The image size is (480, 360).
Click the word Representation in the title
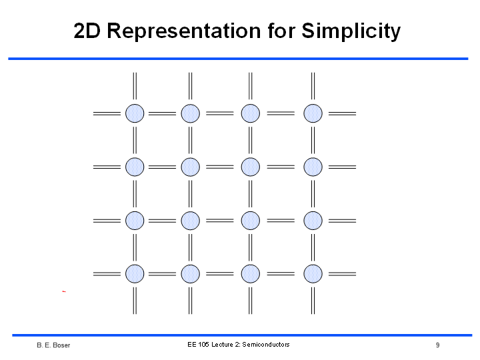pos(184,31)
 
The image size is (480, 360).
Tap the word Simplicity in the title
pos(351,31)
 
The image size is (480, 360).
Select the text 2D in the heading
pos(87,31)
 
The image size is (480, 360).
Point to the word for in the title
pos(281,31)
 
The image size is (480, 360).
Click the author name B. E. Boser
pos(53,345)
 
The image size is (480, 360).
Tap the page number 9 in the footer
pos(438,345)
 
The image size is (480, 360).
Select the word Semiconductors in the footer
pos(266,345)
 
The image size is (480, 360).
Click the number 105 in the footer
pos(203,345)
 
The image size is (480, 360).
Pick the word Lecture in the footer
pos(222,345)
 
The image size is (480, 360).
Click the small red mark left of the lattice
pos(64,291)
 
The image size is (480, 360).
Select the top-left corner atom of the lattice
pos(135,113)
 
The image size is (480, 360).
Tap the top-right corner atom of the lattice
pos(313,113)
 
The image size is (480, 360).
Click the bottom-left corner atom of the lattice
pos(135,274)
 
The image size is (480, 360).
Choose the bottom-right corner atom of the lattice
pos(313,274)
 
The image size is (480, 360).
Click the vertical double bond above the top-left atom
pos(135,86)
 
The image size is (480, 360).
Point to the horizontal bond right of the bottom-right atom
pos(342,274)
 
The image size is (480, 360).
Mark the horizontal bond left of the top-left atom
pos(107,113)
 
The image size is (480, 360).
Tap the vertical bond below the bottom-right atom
pos(313,301)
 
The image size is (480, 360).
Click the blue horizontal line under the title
pos(238,59)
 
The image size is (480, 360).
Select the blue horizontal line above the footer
pos(242,335)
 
